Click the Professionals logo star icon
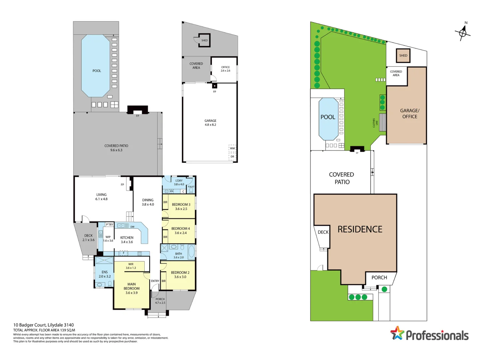(397, 333)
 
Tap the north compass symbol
(463, 32)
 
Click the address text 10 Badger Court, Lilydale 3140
(43, 325)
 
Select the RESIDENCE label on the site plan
(360, 229)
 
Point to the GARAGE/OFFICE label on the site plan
(410, 114)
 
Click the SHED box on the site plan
(403, 56)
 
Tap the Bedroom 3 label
(181, 207)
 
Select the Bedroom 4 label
(180, 231)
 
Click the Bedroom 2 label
(180, 275)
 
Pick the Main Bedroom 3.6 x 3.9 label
(131, 289)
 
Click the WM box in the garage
(232, 148)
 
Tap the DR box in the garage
(232, 156)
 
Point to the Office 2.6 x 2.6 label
(225, 69)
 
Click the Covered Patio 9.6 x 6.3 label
(116, 148)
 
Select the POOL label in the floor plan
(97, 71)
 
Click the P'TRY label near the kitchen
(109, 225)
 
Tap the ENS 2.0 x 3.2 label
(104, 274)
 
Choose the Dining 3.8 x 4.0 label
(148, 202)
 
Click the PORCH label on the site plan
(379, 278)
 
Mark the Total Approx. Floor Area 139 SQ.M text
(44, 330)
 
